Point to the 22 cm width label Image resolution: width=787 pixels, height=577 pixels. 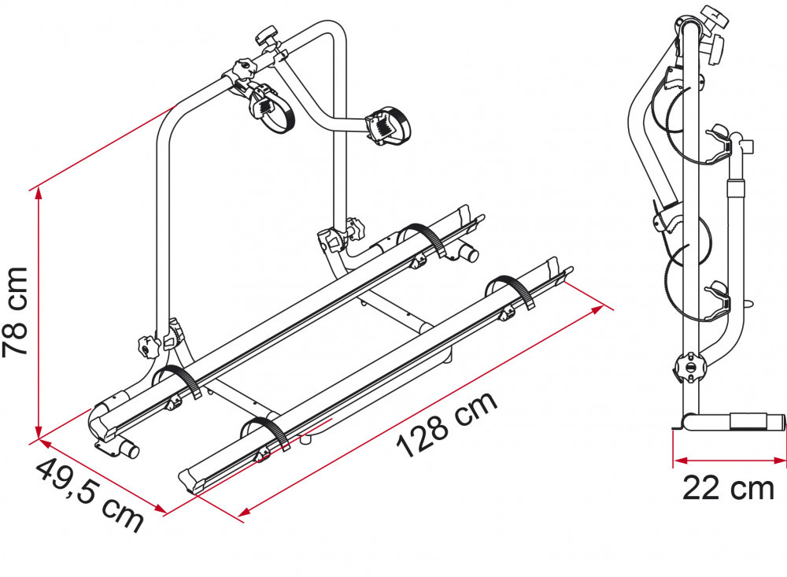point(728,489)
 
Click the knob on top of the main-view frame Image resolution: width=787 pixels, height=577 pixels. point(268,36)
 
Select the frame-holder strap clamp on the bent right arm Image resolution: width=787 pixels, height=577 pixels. point(383,124)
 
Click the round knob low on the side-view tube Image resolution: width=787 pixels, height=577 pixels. point(688,367)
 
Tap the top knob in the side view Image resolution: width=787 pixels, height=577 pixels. point(713,17)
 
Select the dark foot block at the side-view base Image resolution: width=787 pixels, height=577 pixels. point(752,421)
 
